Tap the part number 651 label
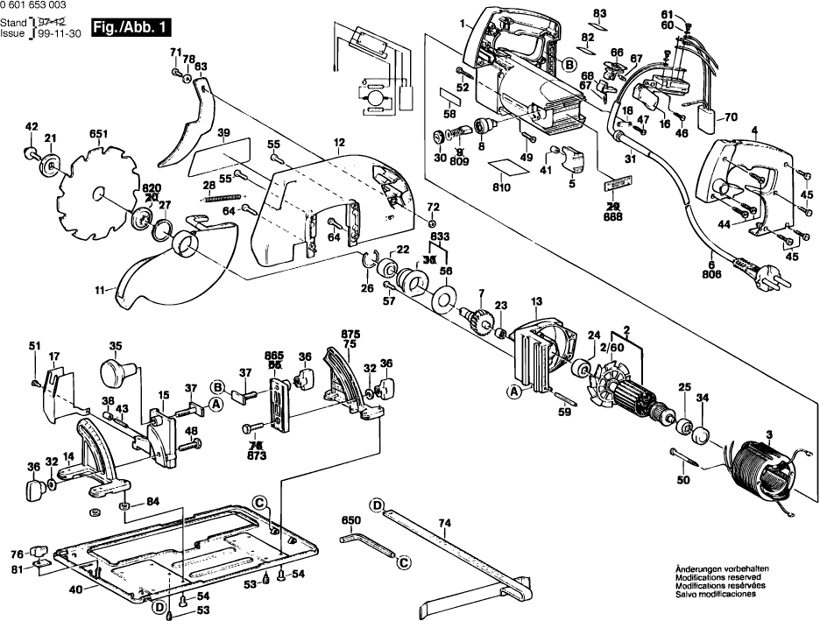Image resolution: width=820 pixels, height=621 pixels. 97,134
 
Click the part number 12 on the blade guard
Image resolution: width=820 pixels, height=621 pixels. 339,143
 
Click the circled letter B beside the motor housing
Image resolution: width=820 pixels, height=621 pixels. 568,64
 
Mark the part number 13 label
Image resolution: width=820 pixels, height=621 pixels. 536,300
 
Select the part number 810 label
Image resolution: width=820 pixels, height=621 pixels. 501,187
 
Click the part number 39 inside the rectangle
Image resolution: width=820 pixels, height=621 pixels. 223,133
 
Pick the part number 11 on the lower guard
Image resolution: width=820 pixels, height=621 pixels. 102,289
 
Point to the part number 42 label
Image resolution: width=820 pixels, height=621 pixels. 32,127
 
